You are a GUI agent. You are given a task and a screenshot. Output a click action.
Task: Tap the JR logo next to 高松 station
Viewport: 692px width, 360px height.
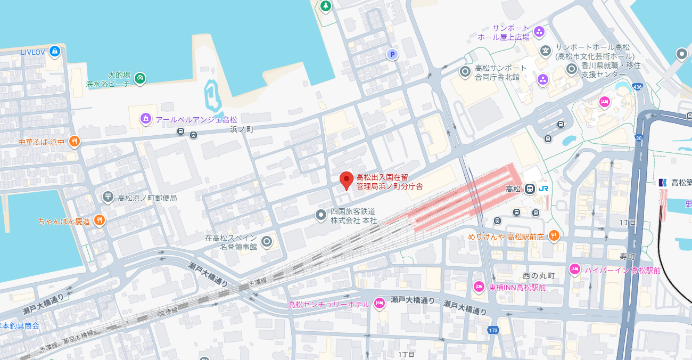tap(544, 189)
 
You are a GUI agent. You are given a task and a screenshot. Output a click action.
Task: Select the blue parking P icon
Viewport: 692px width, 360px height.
tap(392, 54)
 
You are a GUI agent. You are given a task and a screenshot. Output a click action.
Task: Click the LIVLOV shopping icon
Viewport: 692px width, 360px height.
tap(54, 52)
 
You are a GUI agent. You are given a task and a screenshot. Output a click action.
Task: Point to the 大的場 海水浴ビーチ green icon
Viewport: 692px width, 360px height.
tap(139, 79)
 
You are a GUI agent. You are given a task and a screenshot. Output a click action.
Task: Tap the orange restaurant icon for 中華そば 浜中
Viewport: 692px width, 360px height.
tap(74, 142)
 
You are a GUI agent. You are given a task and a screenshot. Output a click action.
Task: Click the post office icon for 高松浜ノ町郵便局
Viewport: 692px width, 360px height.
tap(108, 198)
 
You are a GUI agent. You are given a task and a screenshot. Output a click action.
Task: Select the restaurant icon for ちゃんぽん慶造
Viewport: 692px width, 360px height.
tap(99, 220)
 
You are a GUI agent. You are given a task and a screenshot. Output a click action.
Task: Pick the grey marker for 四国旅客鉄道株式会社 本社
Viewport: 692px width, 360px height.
tap(320, 215)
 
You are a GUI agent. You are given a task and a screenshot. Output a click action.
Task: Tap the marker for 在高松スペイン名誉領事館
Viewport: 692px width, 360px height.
tap(267, 242)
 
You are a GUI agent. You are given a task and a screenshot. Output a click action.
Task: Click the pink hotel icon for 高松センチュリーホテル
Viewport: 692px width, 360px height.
tap(380, 304)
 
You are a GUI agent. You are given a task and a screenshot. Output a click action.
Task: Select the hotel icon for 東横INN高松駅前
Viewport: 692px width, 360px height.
tap(479, 287)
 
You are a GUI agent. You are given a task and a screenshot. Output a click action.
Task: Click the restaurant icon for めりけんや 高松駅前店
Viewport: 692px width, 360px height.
tap(554, 236)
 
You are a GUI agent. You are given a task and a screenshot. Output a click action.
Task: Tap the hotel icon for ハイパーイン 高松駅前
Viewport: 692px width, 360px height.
tap(574, 270)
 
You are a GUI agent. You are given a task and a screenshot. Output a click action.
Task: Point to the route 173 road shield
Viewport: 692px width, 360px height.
tap(492, 331)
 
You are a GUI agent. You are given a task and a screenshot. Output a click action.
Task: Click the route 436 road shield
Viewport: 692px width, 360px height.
tap(637, 87)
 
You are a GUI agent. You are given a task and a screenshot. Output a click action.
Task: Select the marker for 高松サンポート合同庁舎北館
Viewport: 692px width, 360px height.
tap(465, 71)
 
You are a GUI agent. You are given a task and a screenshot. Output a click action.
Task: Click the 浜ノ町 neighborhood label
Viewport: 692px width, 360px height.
tap(242, 129)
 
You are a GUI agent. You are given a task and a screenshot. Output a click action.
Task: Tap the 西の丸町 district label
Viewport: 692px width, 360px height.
tap(538, 276)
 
